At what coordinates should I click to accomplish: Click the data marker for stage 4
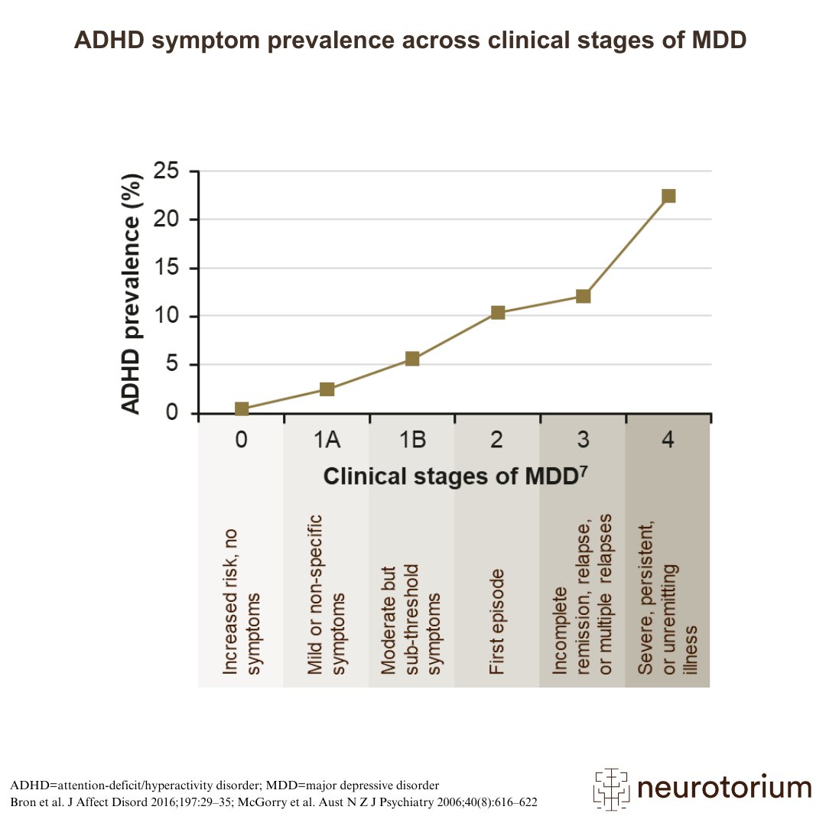click(x=668, y=196)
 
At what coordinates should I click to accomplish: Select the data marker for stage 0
click(x=242, y=409)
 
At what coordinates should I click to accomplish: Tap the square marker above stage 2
click(x=498, y=312)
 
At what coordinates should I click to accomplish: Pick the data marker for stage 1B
click(x=412, y=359)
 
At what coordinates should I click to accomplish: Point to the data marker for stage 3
click(x=583, y=296)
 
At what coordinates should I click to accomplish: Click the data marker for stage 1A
click(x=327, y=389)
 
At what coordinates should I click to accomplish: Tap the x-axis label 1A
click(x=327, y=441)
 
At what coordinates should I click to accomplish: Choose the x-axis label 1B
click(x=412, y=441)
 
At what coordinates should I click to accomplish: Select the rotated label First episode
click(x=497, y=621)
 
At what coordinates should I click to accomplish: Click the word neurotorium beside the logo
click(x=724, y=788)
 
